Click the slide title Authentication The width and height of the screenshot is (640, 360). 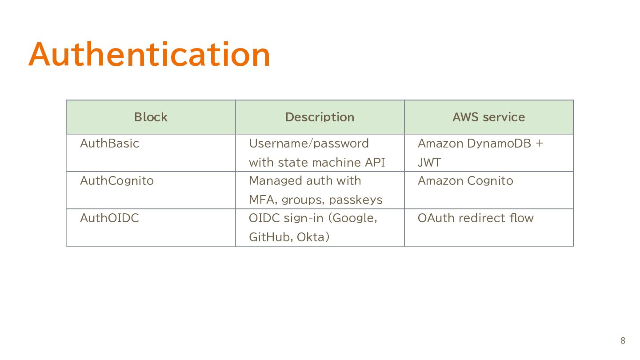tap(149, 54)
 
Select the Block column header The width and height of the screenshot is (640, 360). tap(151, 117)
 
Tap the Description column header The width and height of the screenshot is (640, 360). tap(320, 117)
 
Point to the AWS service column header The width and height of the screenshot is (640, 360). tap(488, 117)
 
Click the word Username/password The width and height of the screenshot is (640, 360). tap(309, 144)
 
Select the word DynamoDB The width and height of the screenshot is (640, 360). tap(499, 144)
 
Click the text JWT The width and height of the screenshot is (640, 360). tap(429, 162)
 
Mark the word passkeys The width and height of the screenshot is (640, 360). tap(356, 200)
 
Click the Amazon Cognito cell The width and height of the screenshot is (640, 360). tap(465, 181)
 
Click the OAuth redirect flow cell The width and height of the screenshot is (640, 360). tap(476, 218)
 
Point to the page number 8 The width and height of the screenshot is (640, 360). tap(623, 340)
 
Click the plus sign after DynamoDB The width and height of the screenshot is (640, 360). tap(540, 144)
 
